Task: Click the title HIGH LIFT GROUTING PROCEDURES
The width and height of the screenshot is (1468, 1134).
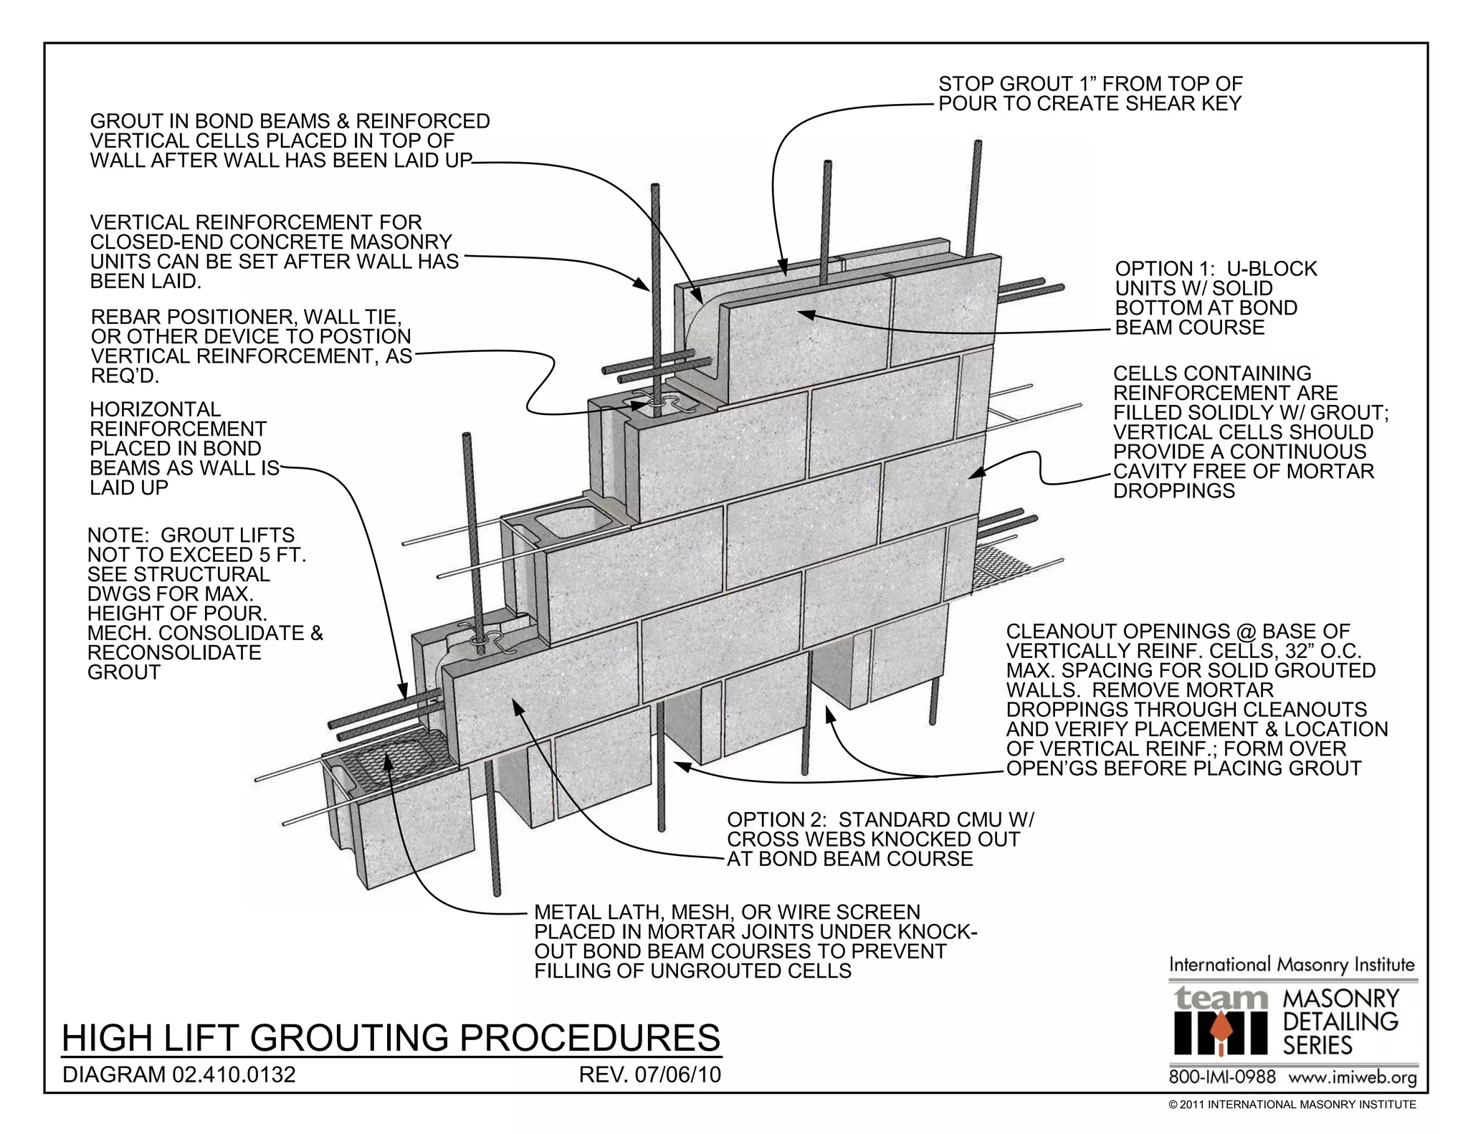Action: coord(391,1037)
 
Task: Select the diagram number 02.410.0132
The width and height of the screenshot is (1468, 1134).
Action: coord(233,1075)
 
